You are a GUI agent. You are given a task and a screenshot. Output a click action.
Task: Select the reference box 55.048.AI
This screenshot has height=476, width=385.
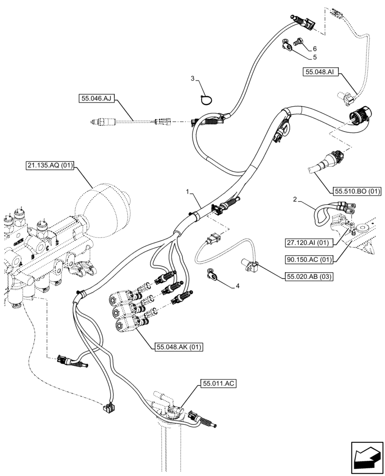[319, 72]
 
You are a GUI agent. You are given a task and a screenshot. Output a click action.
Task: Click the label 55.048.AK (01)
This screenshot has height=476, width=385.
[179, 347]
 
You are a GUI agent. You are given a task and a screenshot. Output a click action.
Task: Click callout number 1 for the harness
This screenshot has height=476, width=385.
[188, 191]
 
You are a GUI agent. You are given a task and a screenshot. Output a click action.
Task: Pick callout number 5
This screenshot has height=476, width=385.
[314, 58]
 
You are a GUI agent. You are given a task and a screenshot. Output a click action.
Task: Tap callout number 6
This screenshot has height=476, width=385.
[314, 49]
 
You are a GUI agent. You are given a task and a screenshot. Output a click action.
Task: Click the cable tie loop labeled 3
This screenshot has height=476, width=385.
[205, 99]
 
